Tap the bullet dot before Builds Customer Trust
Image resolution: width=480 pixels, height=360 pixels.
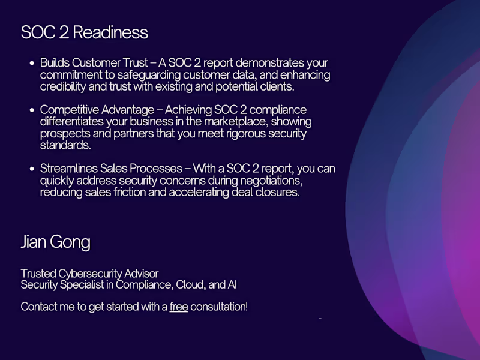(32, 63)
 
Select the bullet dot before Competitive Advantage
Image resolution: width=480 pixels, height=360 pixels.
(32, 110)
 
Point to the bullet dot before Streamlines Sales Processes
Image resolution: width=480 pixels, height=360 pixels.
(32, 169)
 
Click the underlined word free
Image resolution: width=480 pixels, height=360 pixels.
(179, 307)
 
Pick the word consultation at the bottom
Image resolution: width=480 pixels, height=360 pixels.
(219, 307)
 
